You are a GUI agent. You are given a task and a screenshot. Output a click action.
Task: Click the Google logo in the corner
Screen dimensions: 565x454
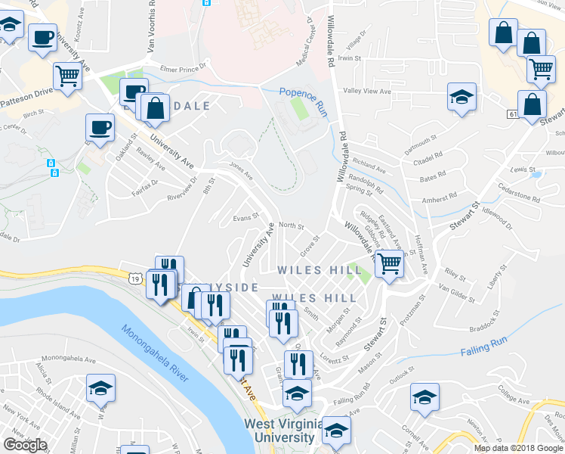tap(25, 445)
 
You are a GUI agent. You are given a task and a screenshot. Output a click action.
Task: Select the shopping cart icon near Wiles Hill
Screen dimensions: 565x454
tap(389, 264)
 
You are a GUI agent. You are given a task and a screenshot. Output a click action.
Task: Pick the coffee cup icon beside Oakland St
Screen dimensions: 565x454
tap(100, 126)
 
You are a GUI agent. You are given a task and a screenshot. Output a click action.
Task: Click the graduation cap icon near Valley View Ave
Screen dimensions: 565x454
tap(462, 96)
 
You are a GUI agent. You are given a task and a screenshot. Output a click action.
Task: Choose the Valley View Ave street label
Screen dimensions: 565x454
tap(366, 92)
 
